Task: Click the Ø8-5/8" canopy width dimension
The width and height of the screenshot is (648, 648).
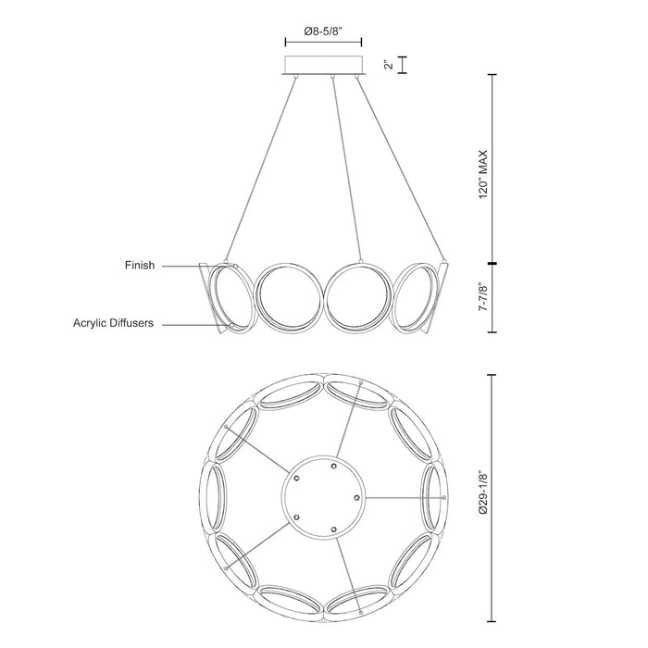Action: pos(321,31)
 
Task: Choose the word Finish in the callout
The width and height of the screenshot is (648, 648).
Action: pos(139,266)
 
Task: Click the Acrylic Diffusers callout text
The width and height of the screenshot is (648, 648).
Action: pos(113,324)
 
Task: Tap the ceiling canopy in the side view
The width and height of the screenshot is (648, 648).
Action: pos(321,66)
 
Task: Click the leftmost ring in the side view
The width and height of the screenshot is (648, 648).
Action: pos(226,297)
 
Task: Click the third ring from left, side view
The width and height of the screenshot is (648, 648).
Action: pos(359,297)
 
